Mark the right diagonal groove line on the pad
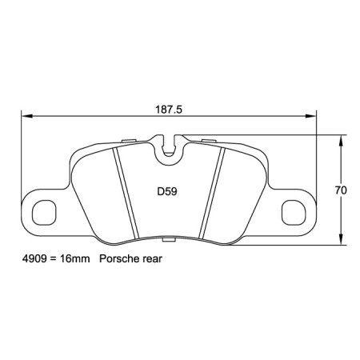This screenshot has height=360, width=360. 212,192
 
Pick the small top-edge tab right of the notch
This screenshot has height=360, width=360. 210,142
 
